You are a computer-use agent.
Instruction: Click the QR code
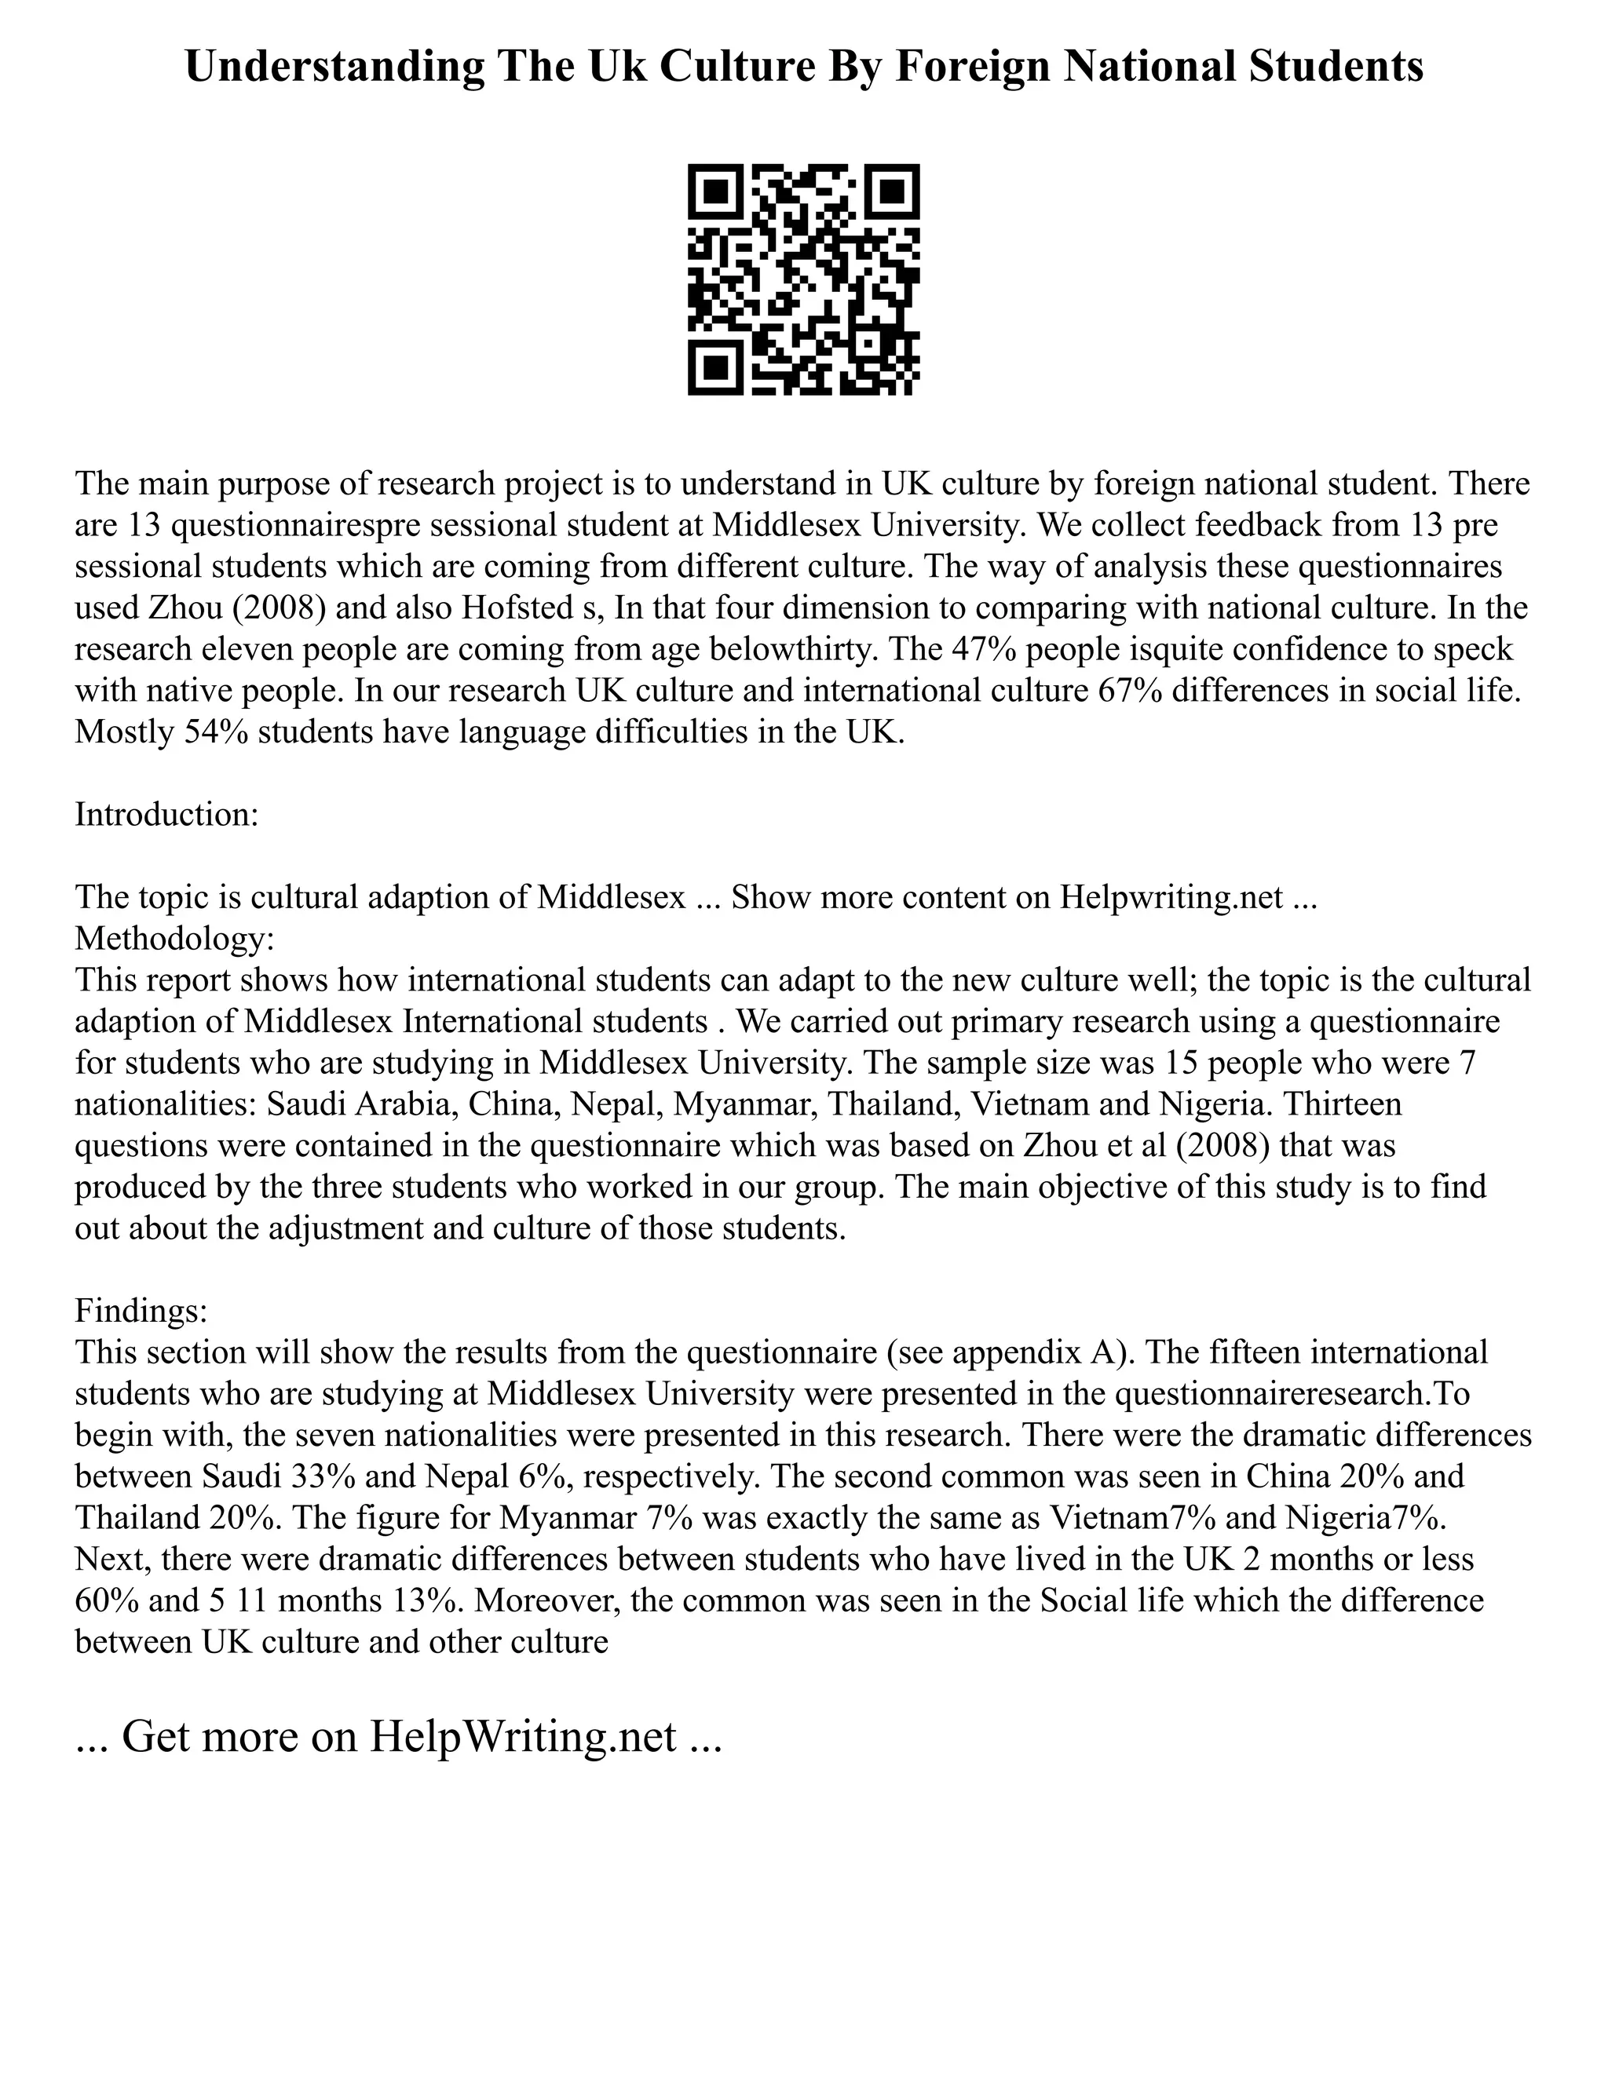(x=803, y=279)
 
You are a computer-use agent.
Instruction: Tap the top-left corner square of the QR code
(x=716, y=192)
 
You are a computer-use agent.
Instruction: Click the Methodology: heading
(x=174, y=939)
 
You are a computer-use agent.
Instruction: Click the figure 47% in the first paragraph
(x=989, y=648)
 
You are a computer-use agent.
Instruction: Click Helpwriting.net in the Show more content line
(x=1171, y=897)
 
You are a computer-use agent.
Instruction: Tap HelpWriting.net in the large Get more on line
(x=522, y=1737)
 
